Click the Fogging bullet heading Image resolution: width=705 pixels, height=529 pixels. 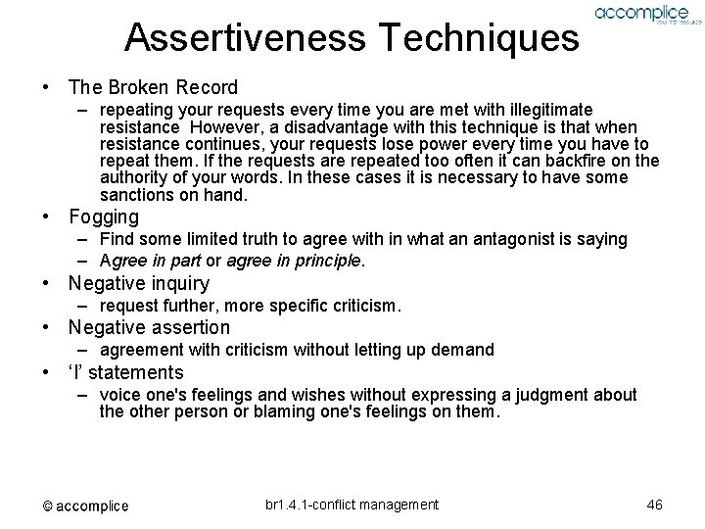pos(103,216)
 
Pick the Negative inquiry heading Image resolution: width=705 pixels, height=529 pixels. pos(138,284)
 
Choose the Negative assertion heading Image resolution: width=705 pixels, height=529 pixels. pos(149,327)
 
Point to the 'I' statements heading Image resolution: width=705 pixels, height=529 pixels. pos(125,371)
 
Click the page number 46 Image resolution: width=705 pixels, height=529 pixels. pos(655,505)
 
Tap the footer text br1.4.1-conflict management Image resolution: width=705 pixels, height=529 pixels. pos(352,505)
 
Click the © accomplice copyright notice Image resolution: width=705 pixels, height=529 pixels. pos(85,505)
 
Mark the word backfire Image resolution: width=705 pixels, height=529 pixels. pos(579,161)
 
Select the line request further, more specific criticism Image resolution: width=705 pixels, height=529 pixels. pos(250,306)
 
